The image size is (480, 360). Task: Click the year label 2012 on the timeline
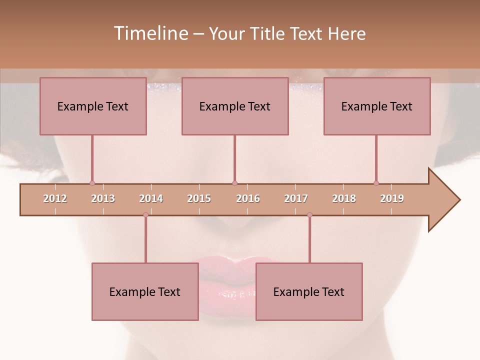pyautogui.click(x=55, y=198)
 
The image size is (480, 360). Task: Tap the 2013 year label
pyautogui.click(x=103, y=198)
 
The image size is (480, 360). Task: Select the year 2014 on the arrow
pyautogui.click(x=151, y=198)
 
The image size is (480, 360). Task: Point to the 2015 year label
pyautogui.click(x=199, y=198)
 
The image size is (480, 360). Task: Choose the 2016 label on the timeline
pyautogui.click(x=248, y=198)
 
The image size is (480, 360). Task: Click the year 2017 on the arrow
pyautogui.click(x=296, y=198)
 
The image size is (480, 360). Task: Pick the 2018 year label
pyautogui.click(x=344, y=198)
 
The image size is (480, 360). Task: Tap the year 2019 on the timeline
pyautogui.click(x=392, y=198)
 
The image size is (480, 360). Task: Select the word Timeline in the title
pyautogui.click(x=149, y=33)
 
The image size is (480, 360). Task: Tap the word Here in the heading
pyautogui.click(x=346, y=33)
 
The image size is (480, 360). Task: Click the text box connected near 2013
pyautogui.click(x=93, y=106)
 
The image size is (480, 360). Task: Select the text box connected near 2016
pyautogui.click(x=235, y=106)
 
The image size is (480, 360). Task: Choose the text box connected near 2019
pyautogui.click(x=377, y=106)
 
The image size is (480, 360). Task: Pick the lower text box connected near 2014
pyautogui.click(x=145, y=291)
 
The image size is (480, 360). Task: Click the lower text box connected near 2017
pyautogui.click(x=309, y=291)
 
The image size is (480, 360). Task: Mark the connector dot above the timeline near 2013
pyautogui.click(x=92, y=183)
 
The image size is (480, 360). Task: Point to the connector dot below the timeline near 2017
pyautogui.click(x=309, y=215)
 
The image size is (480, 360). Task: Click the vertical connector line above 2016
pyautogui.click(x=234, y=157)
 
